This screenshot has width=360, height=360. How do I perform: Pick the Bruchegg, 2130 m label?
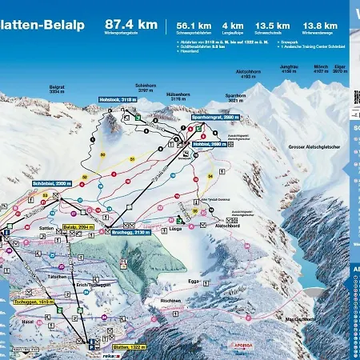[x=132, y=232]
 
